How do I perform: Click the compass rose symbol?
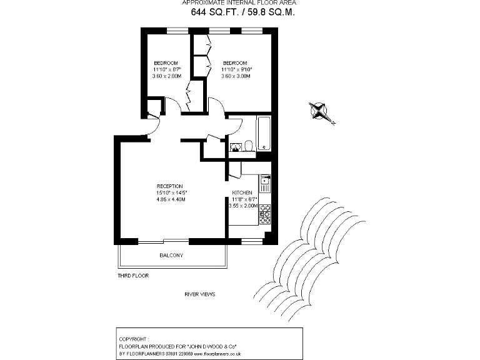[321, 111]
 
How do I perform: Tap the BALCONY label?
[171, 256]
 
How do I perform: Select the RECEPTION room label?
[169, 186]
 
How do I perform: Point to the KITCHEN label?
[242, 192]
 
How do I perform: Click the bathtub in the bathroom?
[264, 133]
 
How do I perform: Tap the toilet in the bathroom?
[249, 146]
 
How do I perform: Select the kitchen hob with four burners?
[265, 214]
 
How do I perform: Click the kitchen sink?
[265, 184]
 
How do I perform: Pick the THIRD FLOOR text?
[133, 275]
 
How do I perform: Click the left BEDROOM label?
[166, 63]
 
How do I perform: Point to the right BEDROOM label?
[235, 63]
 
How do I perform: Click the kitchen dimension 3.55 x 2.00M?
[243, 206]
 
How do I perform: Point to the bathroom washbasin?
[235, 147]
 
